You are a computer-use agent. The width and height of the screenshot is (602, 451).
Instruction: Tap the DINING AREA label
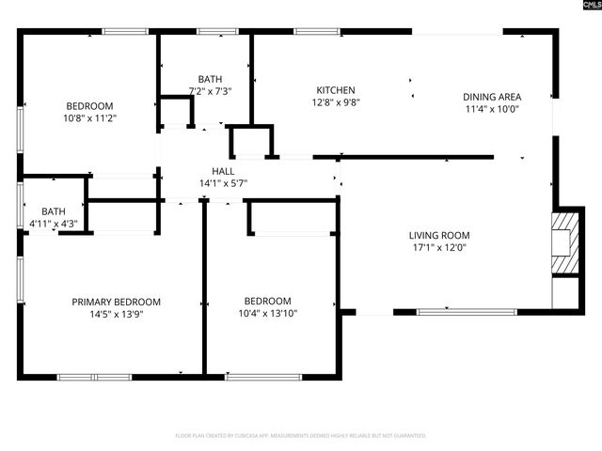pos(492,97)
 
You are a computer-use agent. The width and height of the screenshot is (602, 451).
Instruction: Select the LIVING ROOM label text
pos(438,235)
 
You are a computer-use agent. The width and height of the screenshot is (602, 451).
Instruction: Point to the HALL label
pos(223,171)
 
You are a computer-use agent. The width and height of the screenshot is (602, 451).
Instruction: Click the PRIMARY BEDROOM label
pos(117,302)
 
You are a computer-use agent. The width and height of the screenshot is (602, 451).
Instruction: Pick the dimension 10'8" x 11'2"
pos(89,118)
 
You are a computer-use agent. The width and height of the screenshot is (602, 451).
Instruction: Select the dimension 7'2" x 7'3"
pos(210,92)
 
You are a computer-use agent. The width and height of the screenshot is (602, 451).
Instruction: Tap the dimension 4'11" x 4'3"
pos(54,224)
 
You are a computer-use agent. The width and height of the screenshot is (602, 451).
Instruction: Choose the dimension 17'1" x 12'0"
pos(438,248)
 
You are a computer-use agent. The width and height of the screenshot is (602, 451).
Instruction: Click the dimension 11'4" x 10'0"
pos(492,109)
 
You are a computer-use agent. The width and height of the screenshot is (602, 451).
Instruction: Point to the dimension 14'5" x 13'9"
pos(117,314)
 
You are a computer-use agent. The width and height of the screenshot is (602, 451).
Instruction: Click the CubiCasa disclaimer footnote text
pos(301,436)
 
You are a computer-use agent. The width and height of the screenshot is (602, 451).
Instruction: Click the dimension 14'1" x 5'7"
pos(223,184)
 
